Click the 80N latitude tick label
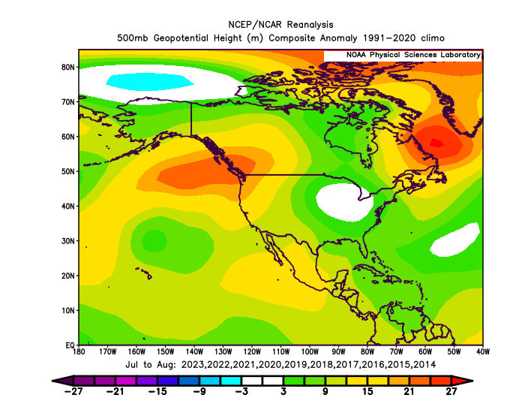[x=67, y=67]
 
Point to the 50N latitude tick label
[x=67, y=171]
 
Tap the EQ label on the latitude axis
[x=69, y=345]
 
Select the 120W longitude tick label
[x=252, y=351]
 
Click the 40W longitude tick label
[x=482, y=351]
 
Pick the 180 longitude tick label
[x=79, y=351]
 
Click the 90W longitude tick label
[x=339, y=351]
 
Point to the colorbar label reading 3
[x=284, y=391]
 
